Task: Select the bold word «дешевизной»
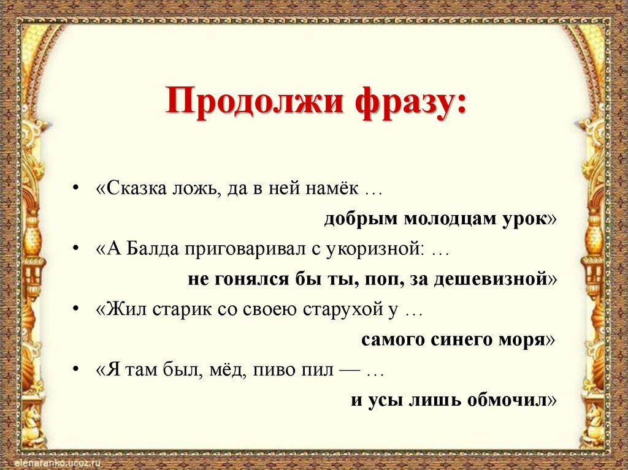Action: tap(489, 279)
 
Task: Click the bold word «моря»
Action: tap(524, 339)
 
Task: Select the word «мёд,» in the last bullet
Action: tap(218, 370)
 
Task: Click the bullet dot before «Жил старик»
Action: tap(75, 309)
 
